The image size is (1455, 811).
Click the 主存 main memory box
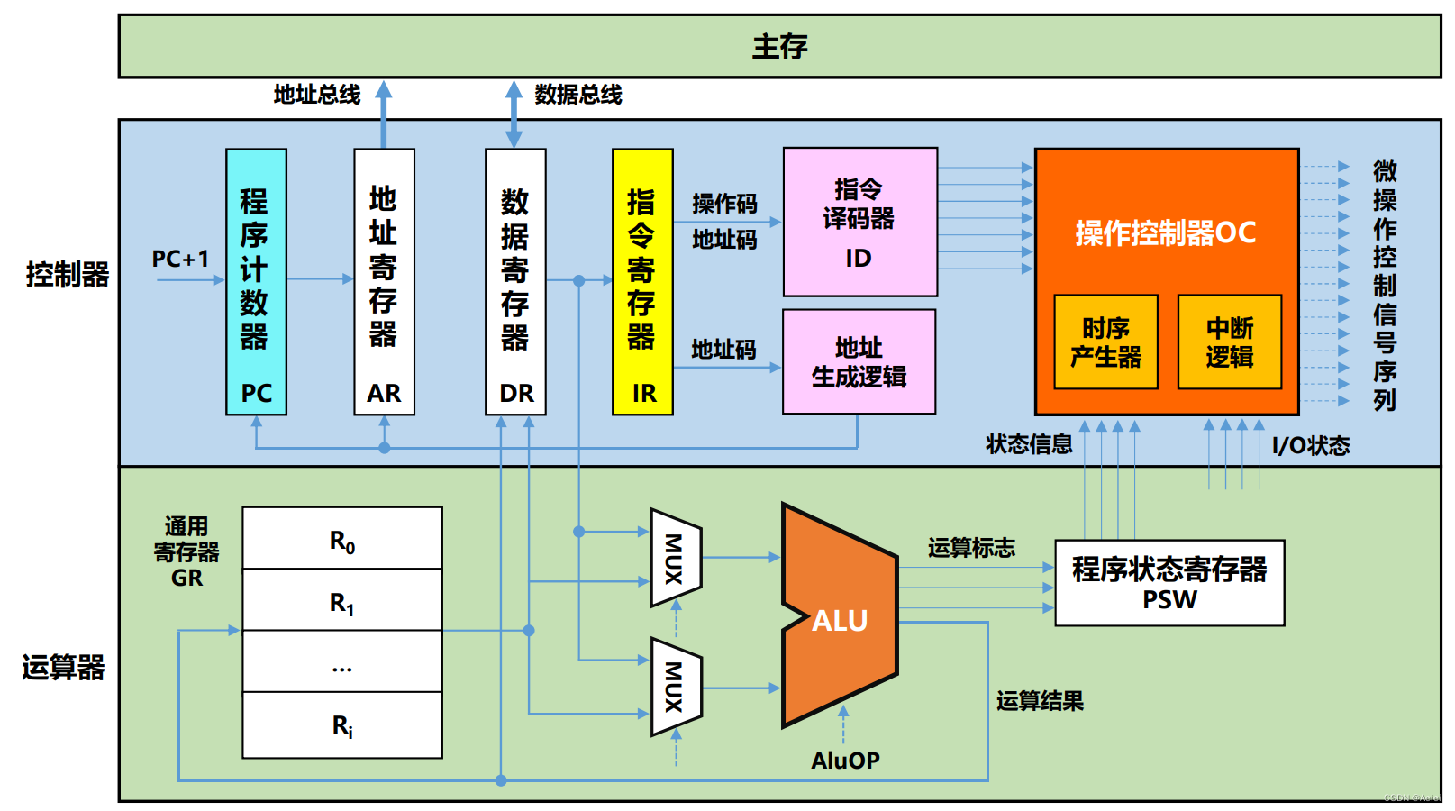pyautogui.click(x=779, y=46)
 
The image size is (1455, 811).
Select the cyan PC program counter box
pyautogui.click(x=256, y=281)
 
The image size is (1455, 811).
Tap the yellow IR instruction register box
pyautogui.click(x=642, y=281)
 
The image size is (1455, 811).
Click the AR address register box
pyautogui.click(x=384, y=281)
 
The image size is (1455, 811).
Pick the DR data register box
pyautogui.click(x=515, y=281)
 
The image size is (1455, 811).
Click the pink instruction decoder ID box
pyautogui.click(x=859, y=222)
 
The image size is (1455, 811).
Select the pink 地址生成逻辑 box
pyautogui.click(x=859, y=361)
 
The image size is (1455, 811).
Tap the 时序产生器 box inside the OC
pyautogui.click(x=1105, y=342)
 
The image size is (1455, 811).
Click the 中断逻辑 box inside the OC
pyautogui.click(x=1229, y=342)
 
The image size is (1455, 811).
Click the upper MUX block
pyautogui.click(x=675, y=558)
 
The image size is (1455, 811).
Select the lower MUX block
pyautogui.click(x=675, y=687)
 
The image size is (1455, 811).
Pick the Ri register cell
pyautogui.click(x=342, y=725)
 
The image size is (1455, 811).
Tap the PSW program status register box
pyautogui.click(x=1169, y=583)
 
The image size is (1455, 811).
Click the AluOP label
pyautogui.click(x=844, y=761)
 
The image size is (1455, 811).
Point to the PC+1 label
pyautogui.click(x=180, y=260)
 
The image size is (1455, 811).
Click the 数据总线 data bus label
pyautogui.click(x=577, y=95)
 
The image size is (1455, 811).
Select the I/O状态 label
pyautogui.click(x=1310, y=445)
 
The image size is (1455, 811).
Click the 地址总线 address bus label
pyautogui.click(x=317, y=95)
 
